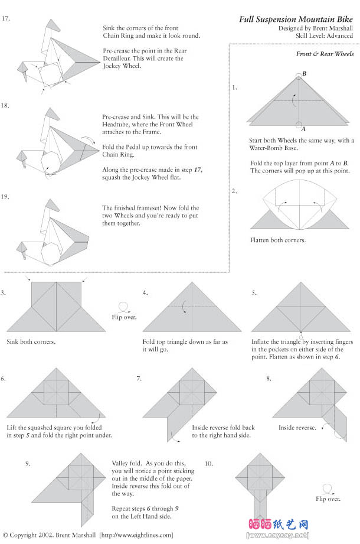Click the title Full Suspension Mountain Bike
coord(296,19)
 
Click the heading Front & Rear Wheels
coord(325,54)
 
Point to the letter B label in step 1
coord(304,74)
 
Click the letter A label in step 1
coord(303,128)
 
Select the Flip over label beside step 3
coord(124,317)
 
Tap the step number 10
coord(208,464)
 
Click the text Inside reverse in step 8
coord(297,428)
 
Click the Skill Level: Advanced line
coord(324,36)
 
